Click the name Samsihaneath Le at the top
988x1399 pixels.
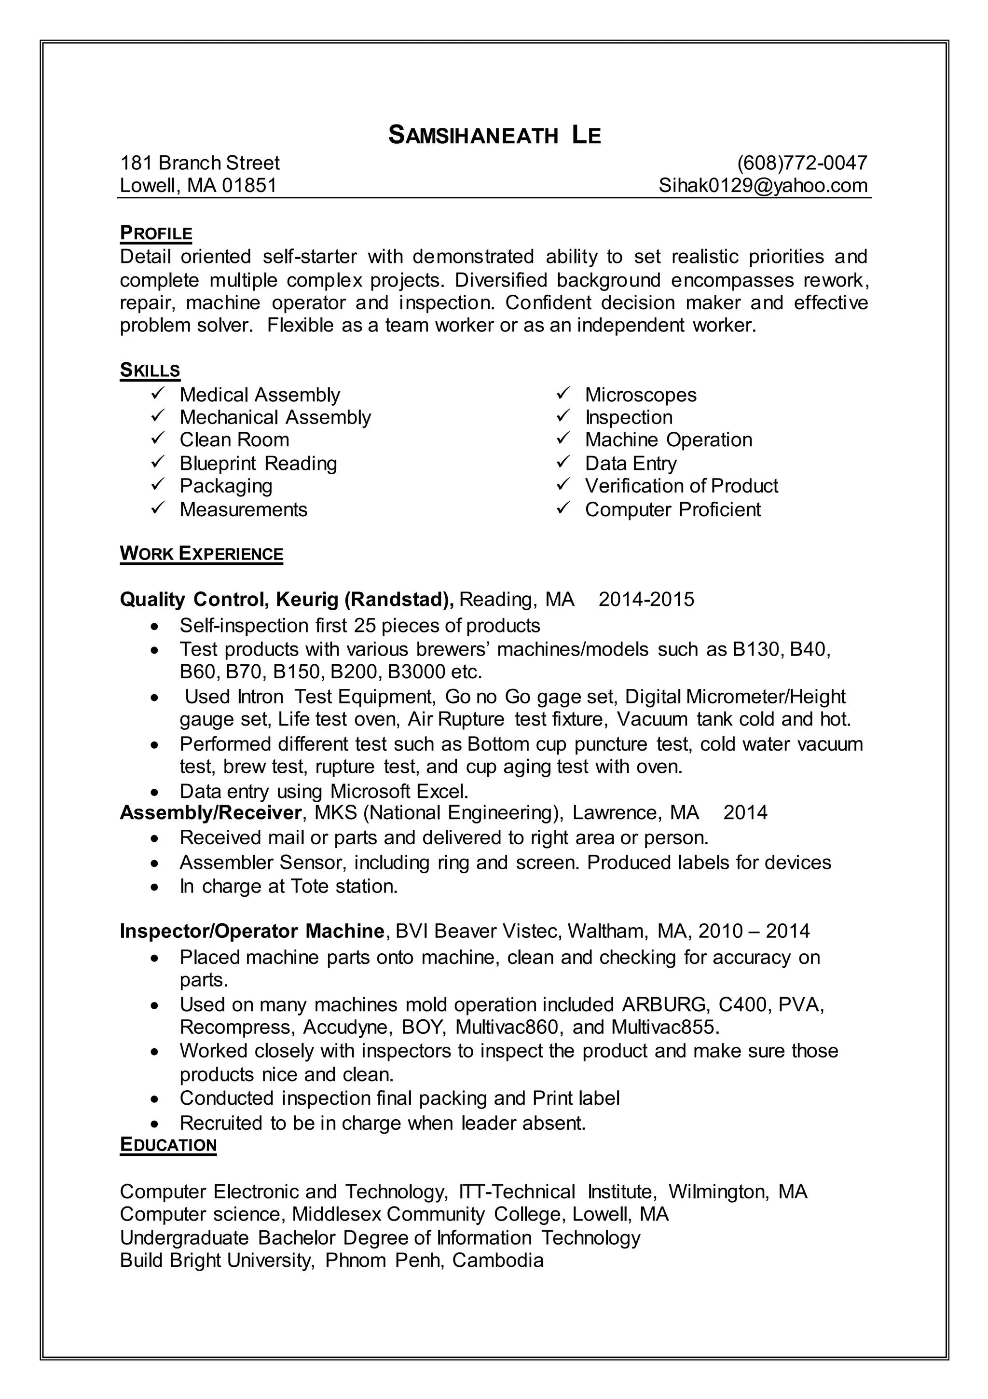[494, 135]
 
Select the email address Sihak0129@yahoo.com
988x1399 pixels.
[763, 185]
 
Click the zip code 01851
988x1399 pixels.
[249, 185]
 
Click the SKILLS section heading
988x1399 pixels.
[150, 370]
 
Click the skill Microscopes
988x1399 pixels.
[640, 395]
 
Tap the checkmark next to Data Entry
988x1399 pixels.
[563, 463]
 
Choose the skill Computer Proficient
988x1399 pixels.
[672, 509]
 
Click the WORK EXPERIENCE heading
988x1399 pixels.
[201, 553]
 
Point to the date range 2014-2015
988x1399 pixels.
[645, 600]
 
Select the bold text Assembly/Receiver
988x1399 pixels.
[210, 812]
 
